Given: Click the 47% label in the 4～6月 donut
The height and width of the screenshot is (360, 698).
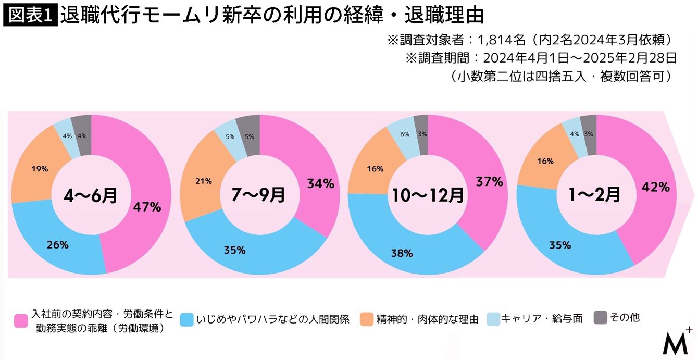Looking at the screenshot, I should point(146,207).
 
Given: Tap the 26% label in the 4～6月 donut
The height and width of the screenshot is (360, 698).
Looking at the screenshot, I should point(57,244).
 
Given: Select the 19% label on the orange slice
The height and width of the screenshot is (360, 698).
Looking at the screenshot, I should point(40,169).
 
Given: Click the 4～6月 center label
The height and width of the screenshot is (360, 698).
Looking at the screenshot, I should point(91,195).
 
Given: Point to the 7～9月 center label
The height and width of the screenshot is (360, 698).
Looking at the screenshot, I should point(259,195).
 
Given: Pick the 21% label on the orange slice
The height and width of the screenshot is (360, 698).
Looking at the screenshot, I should point(204,181).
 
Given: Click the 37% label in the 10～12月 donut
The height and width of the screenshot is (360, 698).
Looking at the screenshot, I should point(489,182).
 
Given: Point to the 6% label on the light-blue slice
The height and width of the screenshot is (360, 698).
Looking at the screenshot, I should point(405,134).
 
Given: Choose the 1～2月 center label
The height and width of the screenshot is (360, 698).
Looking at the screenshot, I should point(596,195).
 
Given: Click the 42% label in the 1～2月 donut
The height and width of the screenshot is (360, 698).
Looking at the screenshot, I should point(656,188).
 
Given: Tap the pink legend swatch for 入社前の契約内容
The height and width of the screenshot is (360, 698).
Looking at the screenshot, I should point(21,321).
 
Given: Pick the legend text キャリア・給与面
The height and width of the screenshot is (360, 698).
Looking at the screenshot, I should point(542,318).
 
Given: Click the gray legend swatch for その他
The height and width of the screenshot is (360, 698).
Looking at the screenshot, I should point(600,317).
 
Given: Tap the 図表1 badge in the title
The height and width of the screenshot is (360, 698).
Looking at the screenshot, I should point(29,16).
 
